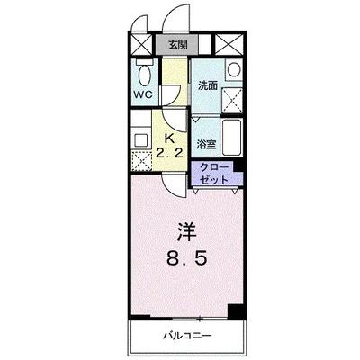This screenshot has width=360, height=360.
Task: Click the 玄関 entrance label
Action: click(177, 45)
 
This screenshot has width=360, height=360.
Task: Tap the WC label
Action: click(143, 94)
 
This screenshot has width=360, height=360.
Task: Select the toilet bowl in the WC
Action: click(145, 74)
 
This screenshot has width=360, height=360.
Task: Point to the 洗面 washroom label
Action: click(208, 86)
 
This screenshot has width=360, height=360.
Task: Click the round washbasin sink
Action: click(234, 69)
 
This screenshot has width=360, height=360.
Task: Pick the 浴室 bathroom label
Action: click(206, 145)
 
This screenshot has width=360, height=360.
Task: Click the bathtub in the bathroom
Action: click(231, 138)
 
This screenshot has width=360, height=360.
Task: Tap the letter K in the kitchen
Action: click(169, 139)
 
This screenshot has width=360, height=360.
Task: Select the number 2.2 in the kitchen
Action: click(169, 154)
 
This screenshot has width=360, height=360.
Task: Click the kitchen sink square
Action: click(140, 140)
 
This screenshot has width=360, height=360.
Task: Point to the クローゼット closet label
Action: click(214, 174)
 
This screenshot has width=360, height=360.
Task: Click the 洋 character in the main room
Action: click(186, 232)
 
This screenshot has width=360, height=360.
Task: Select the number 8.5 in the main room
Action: click(186, 258)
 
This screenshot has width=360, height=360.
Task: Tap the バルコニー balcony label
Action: click(187, 335)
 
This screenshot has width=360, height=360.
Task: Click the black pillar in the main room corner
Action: click(235, 311)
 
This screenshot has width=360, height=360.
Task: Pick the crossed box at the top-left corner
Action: click(142, 45)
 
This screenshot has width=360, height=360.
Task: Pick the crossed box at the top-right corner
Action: click(229, 45)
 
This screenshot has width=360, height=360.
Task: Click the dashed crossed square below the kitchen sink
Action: click(141, 161)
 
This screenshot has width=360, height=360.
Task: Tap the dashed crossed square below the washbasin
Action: click(232, 100)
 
